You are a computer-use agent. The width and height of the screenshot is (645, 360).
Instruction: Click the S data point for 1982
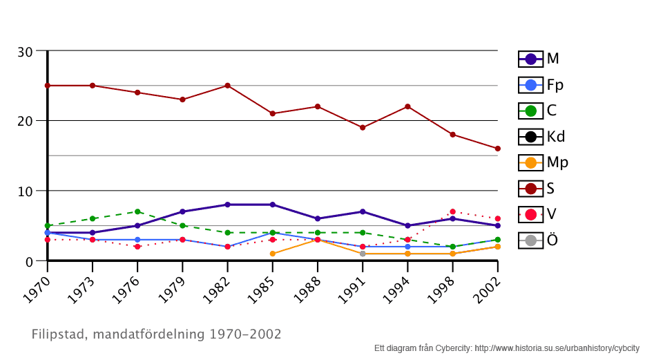tap(227, 86)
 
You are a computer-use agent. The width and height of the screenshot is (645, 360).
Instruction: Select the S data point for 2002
tap(497, 149)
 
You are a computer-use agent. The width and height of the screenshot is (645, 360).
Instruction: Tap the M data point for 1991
tap(363, 211)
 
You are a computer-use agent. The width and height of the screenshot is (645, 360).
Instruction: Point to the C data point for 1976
tap(137, 211)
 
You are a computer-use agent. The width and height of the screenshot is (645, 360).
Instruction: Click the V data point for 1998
tap(452, 211)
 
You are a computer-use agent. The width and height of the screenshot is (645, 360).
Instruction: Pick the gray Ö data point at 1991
tap(363, 254)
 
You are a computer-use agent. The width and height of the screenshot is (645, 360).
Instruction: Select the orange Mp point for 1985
tap(273, 254)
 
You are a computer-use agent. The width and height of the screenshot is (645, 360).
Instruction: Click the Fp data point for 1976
tap(137, 240)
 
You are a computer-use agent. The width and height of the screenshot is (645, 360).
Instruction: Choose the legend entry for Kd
tap(542, 137)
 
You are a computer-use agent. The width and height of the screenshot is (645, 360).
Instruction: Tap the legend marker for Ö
tap(530, 240)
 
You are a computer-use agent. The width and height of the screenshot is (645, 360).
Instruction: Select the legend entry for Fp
tap(542, 85)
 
